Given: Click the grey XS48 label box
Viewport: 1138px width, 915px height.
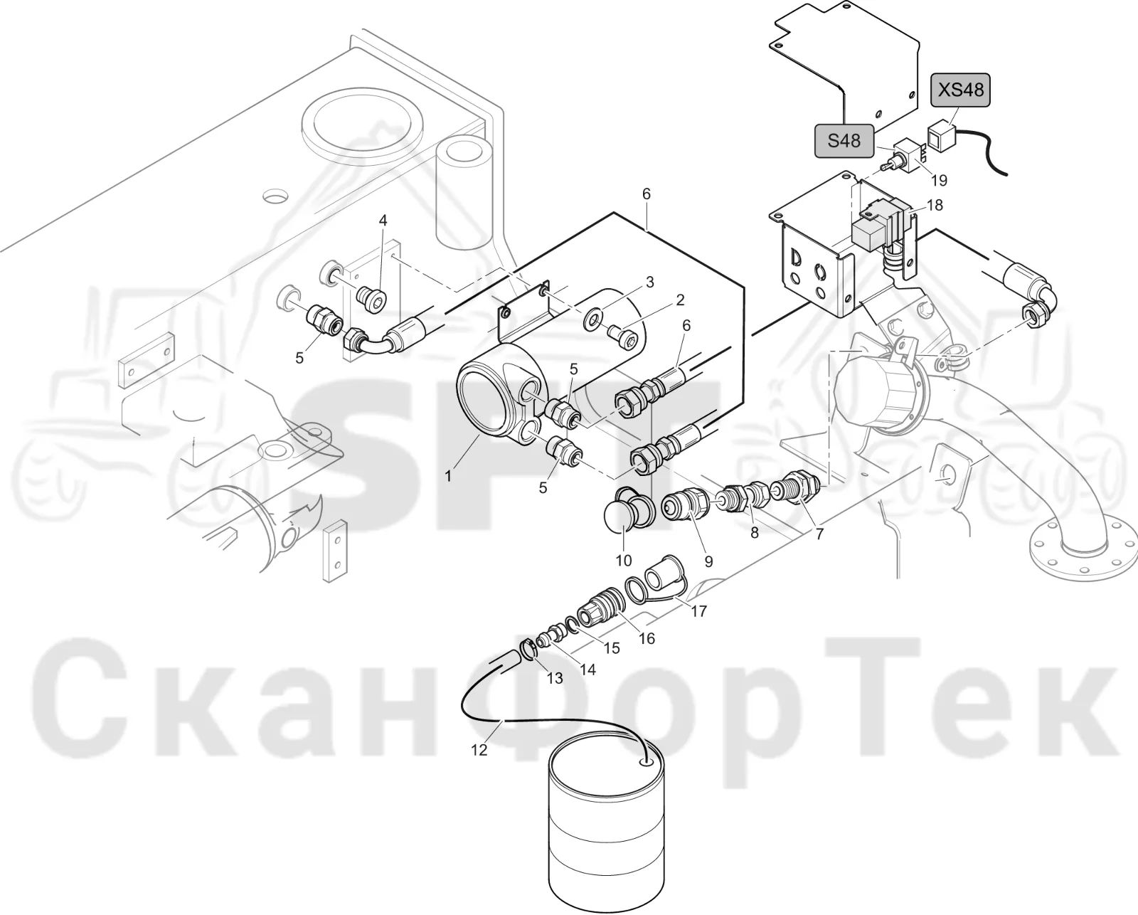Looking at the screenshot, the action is click(960, 90).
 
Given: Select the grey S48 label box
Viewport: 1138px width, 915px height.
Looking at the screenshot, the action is click(844, 141).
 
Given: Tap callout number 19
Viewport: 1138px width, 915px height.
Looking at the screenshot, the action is click(939, 181).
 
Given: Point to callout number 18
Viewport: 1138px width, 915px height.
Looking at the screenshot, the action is click(935, 205).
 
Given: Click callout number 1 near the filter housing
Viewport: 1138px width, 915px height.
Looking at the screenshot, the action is click(448, 476).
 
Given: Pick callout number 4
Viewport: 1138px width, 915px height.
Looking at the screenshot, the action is click(383, 220).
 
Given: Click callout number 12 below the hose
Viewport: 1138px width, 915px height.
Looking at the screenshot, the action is click(479, 750).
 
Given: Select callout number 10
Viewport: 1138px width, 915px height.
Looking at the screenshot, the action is click(624, 561).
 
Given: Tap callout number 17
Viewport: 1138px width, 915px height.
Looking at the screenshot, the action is click(699, 611).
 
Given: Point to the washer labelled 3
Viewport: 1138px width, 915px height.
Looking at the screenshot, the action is click(592, 320).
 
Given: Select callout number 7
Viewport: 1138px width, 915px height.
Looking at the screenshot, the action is click(819, 534).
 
